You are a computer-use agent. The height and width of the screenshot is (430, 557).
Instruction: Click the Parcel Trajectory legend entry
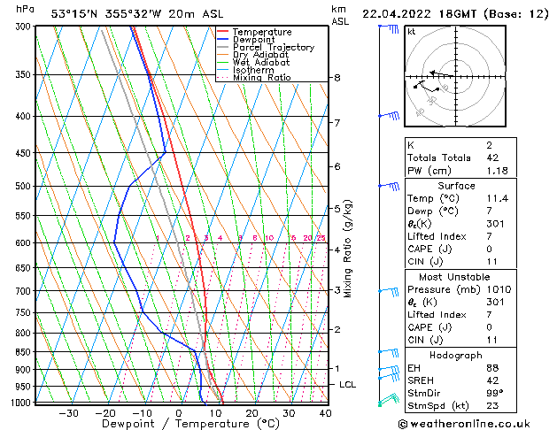click(273, 47)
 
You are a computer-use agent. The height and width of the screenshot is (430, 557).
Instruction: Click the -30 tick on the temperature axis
click(68, 413)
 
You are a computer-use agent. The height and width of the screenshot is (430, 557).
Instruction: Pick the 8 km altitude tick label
click(337, 78)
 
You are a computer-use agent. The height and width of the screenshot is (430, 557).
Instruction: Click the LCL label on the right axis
click(348, 385)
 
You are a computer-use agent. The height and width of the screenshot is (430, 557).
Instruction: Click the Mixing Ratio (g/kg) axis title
click(348, 249)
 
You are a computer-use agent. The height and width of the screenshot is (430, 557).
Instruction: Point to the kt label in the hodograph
click(412, 31)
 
